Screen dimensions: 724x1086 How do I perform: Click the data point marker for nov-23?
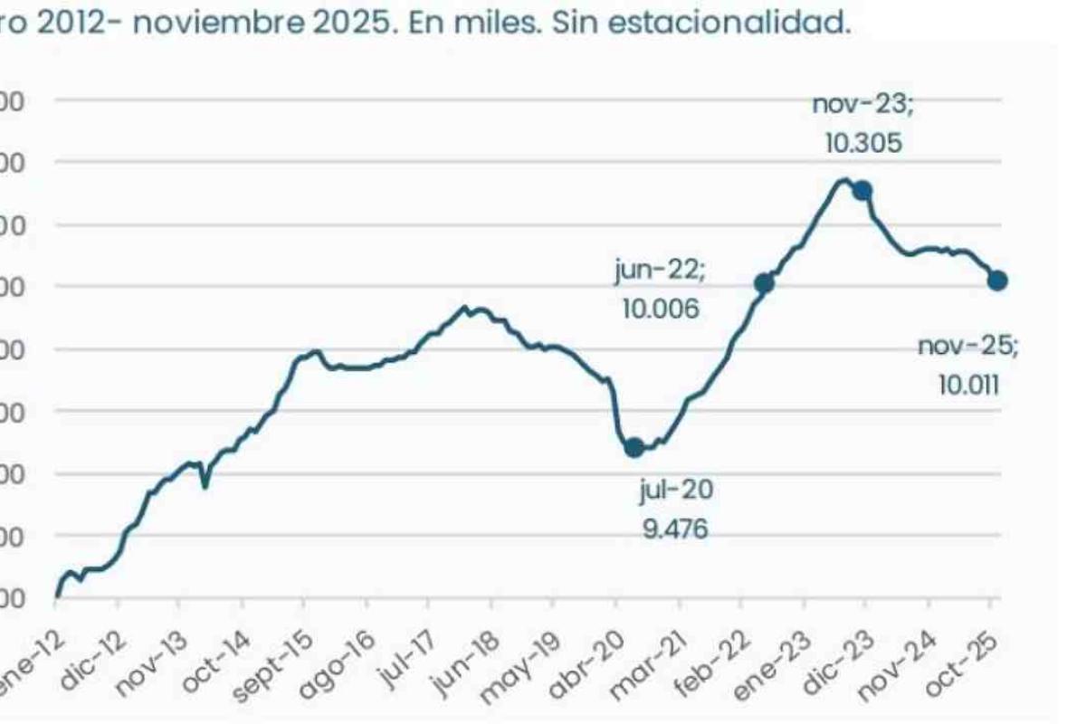click(862, 190)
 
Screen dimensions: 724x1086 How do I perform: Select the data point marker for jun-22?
click(764, 283)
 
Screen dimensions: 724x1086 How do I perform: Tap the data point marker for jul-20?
click(634, 446)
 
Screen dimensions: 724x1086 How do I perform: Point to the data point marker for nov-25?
click(997, 281)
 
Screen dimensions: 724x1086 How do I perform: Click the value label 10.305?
click(862, 143)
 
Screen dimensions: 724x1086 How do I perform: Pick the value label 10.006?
click(661, 309)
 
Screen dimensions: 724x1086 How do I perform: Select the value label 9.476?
click(675, 528)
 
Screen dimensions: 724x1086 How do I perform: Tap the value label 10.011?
click(968, 386)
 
